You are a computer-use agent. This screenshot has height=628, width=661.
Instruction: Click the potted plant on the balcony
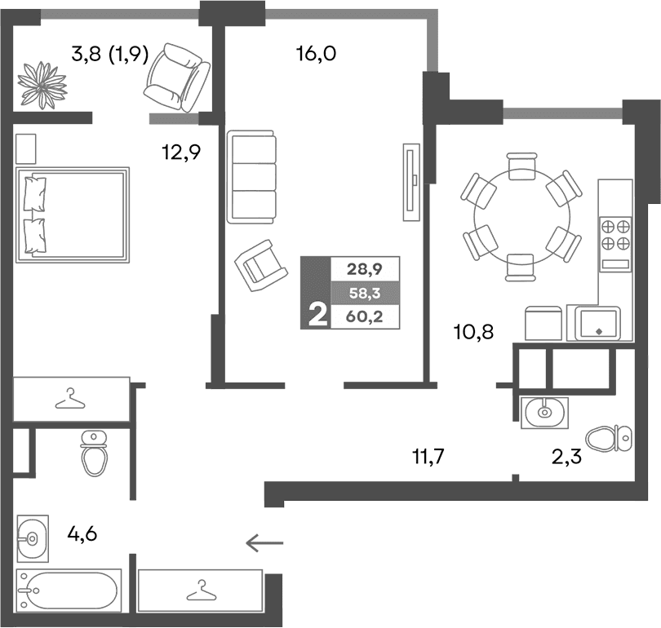point(43,82)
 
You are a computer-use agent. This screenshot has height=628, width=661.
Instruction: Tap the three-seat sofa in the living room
point(252,177)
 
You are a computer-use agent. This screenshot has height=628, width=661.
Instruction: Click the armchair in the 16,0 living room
point(260,265)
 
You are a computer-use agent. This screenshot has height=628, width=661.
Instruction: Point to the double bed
point(73,214)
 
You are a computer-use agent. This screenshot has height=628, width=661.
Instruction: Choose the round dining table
point(521,216)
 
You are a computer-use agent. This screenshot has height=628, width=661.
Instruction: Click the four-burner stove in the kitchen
point(615,235)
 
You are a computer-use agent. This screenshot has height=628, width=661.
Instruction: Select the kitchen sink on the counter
point(598,323)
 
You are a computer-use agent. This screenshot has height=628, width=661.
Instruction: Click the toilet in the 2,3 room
point(610,439)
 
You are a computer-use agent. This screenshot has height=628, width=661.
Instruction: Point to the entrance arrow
point(264,542)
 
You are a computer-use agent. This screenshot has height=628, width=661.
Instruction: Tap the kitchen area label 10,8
point(474,331)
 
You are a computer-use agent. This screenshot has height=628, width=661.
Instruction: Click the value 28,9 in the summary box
point(364,268)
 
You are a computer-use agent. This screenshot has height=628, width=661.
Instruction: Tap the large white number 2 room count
point(315,314)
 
